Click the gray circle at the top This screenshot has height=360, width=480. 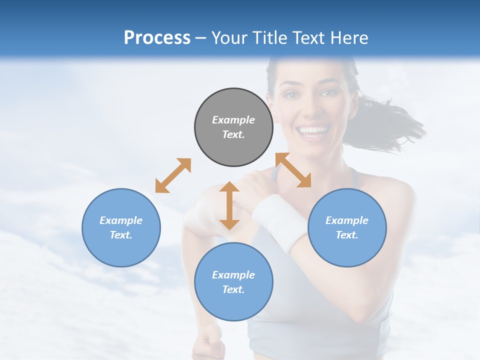pyautogui.click(x=233, y=127)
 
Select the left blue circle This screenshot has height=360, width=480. pyautogui.click(x=121, y=227)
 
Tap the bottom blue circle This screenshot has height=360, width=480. pyautogui.click(x=233, y=281)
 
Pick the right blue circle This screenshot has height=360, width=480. pyautogui.click(x=347, y=227)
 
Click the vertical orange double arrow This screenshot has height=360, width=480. pyautogui.click(x=229, y=205)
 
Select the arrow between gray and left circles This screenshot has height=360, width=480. pyautogui.click(x=173, y=175)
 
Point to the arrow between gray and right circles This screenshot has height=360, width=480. pyautogui.click(x=293, y=170)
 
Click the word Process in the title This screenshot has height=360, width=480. pyautogui.click(x=157, y=37)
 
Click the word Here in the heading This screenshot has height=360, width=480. pyautogui.click(x=348, y=37)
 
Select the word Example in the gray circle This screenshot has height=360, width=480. pyautogui.click(x=233, y=120)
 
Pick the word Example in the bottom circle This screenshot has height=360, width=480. pyautogui.click(x=233, y=274)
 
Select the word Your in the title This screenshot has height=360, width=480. pyautogui.click(x=229, y=37)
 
